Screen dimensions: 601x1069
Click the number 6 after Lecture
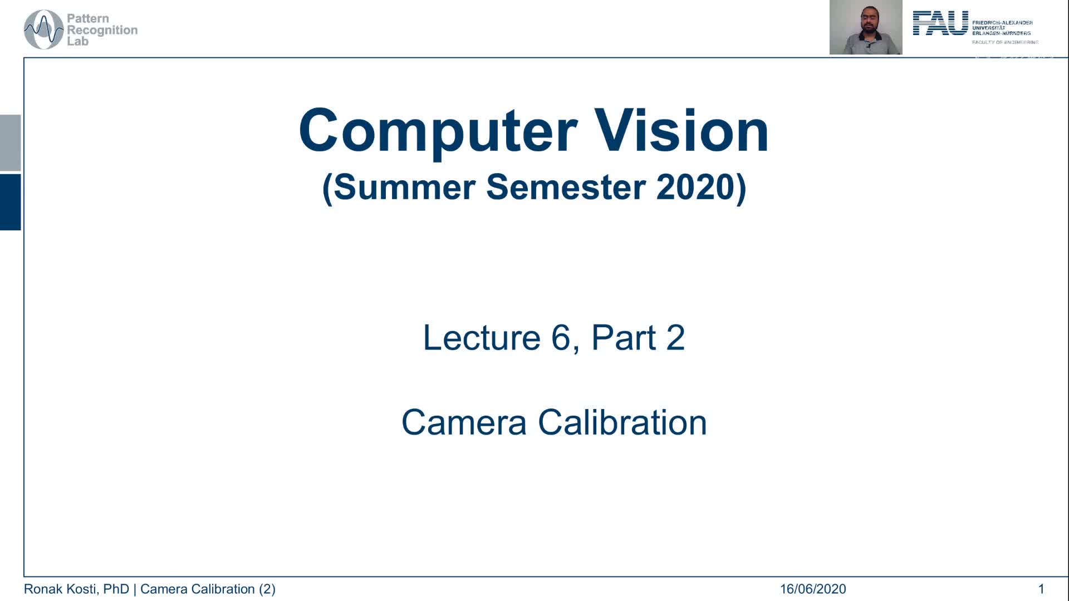(x=561, y=337)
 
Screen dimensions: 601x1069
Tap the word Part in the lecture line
(x=624, y=337)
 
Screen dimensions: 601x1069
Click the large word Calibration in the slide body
(x=622, y=422)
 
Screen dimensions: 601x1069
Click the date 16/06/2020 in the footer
(x=812, y=589)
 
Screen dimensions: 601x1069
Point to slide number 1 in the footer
(x=1041, y=589)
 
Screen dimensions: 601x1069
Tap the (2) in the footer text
(x=267, y=589)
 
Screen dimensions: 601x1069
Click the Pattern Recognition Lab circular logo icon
(x=43, y=29)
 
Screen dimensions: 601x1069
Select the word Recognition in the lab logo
(x=102, y=30)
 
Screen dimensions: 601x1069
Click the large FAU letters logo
(x=940, y=23)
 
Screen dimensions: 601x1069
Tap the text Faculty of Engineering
(x=1005, y=42)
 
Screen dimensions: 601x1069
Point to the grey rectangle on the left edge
(x=10, y=142)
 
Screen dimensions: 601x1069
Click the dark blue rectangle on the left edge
(x=10, y=202)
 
